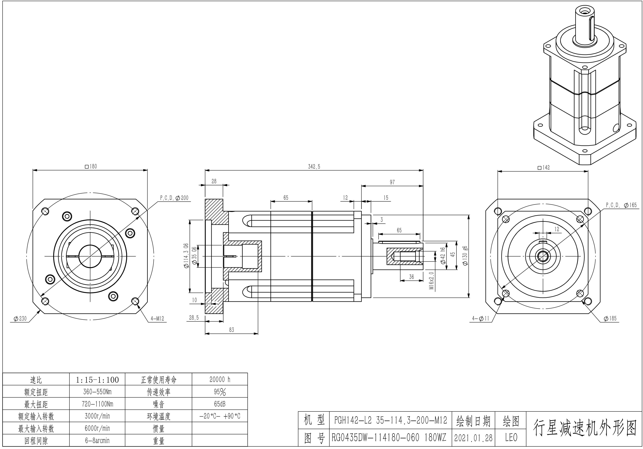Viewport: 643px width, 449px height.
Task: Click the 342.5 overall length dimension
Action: pos(314,167)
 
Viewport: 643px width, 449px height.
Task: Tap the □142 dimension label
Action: pos(544,167)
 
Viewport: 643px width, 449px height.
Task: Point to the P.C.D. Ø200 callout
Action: pos(174,198)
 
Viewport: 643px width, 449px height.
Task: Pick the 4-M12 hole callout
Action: pos(157,319)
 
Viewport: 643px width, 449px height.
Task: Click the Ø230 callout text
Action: pos(20,319)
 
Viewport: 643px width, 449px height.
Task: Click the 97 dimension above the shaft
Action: pos(392,182)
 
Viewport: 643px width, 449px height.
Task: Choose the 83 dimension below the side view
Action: pos(231,330)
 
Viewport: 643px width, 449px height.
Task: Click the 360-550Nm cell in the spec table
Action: pos(97,392)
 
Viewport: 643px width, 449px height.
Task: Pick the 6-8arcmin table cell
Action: pos(97,441)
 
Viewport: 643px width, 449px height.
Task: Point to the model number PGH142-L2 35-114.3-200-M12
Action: pos(391,420)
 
